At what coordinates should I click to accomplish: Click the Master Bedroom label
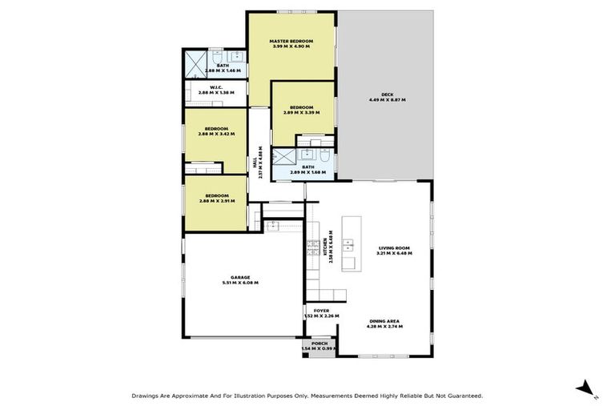(x=290, y=41)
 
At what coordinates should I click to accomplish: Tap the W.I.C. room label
(x=215, y=87)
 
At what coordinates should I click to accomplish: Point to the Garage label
(x=240, y=277)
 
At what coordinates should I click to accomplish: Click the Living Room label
(x=394, y=248)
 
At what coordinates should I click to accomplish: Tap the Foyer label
(x=321, y=311)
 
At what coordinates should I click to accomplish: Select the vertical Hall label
(x=255, y=165)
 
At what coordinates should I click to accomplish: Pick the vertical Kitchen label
(x=326, y=247)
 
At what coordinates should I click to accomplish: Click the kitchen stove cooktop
(x=311, y=249)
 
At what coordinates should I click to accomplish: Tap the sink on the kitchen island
(x=348, y=241)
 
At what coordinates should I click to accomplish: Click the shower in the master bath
(x=196, y=62)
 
